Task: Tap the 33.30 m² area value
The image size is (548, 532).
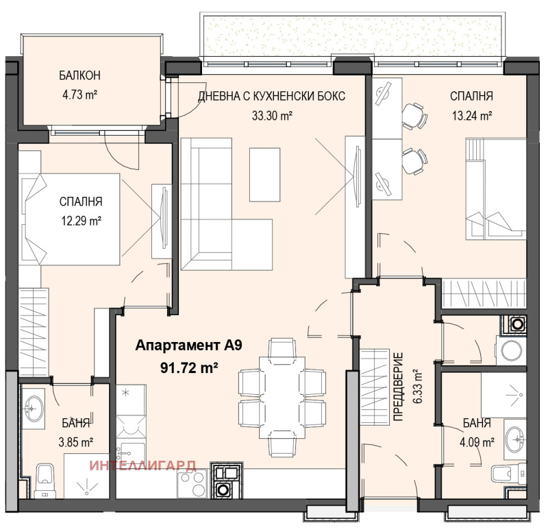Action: click(272, 116)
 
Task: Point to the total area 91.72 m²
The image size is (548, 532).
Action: click(189, 367)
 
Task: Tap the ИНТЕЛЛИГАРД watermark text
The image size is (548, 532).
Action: click(143, 465)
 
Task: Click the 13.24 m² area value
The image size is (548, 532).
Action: click(471, 116)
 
